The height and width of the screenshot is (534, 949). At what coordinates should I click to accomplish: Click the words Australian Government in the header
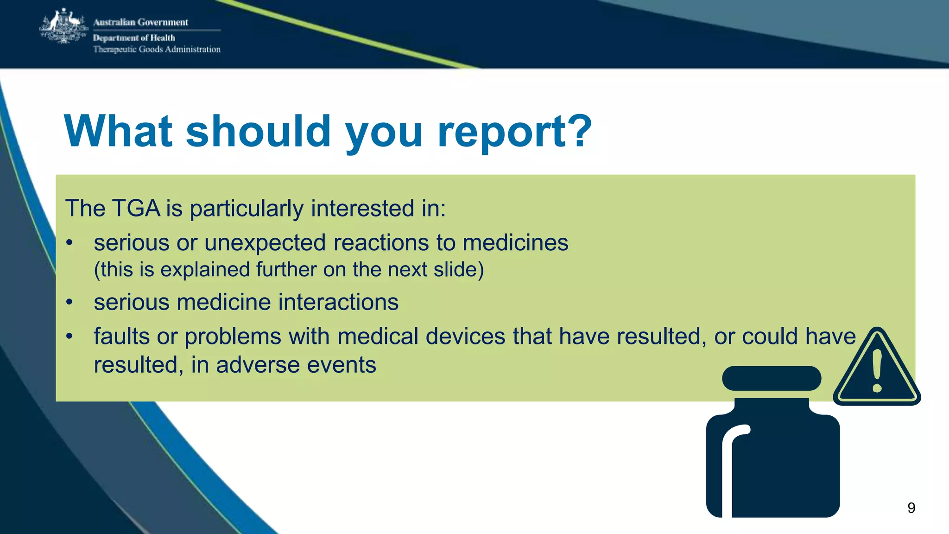pyautogui.click(x=140, y=22)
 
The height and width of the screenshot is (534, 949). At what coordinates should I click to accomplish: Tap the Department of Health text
pyautogui.click(x=134, y=38)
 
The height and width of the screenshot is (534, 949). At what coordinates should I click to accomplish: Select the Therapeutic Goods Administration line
pyautogui.click(x=157, y=50)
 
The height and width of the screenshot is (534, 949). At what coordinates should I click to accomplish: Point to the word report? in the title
pyautogui.click(x=514, y=132)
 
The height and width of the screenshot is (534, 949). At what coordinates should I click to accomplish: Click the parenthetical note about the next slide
pyautogui.click(x=289, y=270)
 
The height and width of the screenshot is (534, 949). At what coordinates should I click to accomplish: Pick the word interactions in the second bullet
pyautogui.click(x=338, y=302)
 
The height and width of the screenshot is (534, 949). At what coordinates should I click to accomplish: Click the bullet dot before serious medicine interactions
pyautogui.click(x=70, y=303)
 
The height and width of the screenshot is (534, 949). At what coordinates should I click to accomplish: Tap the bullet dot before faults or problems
pyautogui.click(x=70, y=337)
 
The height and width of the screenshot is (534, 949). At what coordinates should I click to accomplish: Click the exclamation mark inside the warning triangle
pyautogui.click(x=877, y=371)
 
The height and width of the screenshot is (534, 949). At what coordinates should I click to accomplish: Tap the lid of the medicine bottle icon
pyautogui.click(x=772, y=378)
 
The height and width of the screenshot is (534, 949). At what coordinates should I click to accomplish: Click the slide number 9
pyautogui.click(x=911, y=508)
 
